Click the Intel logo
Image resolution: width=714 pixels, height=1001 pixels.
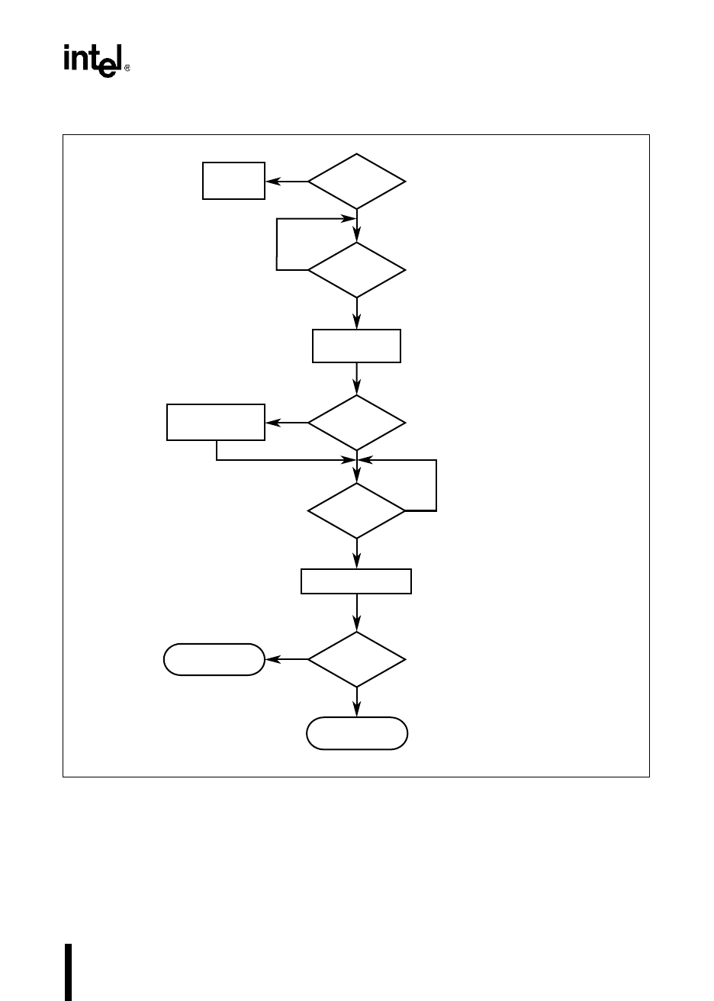click(92, 60)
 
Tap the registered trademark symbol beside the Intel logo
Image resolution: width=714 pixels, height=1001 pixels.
click(127, 68)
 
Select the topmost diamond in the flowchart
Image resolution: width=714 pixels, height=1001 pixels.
click(356, 182)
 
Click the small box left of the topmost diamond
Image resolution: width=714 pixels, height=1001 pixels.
click(233, 181)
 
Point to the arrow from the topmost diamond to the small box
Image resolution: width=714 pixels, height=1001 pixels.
click(286, 182)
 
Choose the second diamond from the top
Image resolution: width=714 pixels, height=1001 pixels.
click(356, 270)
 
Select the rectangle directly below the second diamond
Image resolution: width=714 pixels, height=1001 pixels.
click(356, 346)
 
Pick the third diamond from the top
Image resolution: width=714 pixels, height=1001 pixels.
click(356, 422)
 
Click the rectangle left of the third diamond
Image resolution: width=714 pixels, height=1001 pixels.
click(216, 422)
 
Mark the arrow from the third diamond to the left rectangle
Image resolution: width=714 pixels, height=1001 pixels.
click(286, 422)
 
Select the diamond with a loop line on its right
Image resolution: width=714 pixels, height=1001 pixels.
click(356, 510)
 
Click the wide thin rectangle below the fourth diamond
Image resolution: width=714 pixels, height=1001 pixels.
click(356, 581)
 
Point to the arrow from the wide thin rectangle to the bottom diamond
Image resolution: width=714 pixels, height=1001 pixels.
click(356, 613)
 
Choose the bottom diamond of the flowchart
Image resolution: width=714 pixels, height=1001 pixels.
click(356, 659)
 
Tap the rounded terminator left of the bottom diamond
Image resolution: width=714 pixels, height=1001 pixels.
click(214, 659)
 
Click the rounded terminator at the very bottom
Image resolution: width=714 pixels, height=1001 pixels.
click(357, 733)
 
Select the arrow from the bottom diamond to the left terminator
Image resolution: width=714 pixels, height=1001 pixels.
click(286, 659)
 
